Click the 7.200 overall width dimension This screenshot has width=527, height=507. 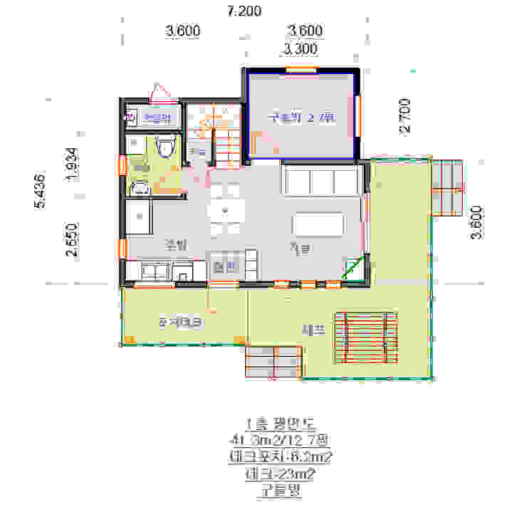pos(244,11)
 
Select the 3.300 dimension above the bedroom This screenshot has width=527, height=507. pos(300,49)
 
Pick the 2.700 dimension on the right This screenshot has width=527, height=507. pos(404,116)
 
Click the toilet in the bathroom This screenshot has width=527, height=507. pos(166,147)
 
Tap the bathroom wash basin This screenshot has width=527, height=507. pos(140,188)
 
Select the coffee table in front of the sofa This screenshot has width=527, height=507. pos(318,226)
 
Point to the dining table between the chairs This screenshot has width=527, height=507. pos(225,211)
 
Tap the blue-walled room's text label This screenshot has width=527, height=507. pos(300,117)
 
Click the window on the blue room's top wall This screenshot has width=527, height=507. pos(301,69)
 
